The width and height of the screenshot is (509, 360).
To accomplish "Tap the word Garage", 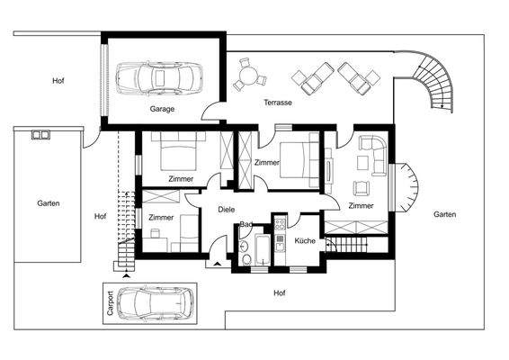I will point(162,109).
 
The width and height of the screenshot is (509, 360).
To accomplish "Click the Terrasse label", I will point(277,103).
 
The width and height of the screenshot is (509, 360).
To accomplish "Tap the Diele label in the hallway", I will point(227,210).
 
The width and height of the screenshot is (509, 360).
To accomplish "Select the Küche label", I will point(304,242).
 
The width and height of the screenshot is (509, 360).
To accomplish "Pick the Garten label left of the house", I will point(48,203).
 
